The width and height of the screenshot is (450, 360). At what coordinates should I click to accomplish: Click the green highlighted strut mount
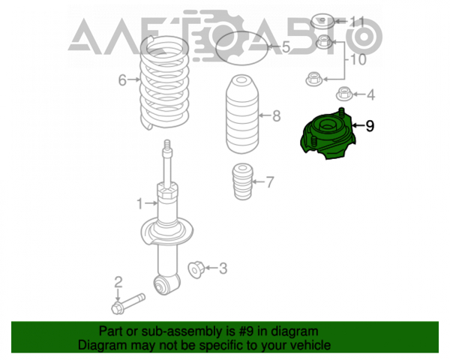(x=328, y=134)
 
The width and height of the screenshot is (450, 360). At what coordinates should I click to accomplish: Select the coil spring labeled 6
(x=163, y=82)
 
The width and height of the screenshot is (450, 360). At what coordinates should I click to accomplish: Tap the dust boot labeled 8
(x=242, y=114)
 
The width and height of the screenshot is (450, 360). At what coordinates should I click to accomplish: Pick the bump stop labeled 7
(x=243, y=181)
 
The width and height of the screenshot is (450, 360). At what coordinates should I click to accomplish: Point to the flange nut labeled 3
(x=196, y=269)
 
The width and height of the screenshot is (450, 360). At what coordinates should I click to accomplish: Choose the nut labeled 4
(x=344, y=94)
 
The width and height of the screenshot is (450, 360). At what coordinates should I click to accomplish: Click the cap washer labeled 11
(x=322, y=21)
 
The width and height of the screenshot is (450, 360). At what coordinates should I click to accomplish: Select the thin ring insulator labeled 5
(x=241, y=48)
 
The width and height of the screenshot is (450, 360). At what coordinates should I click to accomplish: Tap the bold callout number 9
(x=370, y=126)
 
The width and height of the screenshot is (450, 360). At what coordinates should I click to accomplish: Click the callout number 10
(x=358, y=60)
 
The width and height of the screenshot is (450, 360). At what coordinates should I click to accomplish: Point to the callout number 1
(x=139, y=204)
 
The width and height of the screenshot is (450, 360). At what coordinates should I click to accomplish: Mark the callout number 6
(x=122, y=80)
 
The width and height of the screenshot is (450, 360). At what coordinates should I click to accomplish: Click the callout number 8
(x=276, y=116)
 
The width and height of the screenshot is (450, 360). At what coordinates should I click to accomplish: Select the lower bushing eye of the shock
(x=161, y=285)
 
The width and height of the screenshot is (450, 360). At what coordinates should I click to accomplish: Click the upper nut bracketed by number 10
(x=324, y=42)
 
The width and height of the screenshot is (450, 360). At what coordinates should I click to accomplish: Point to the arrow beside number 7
(x=258, y=181)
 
